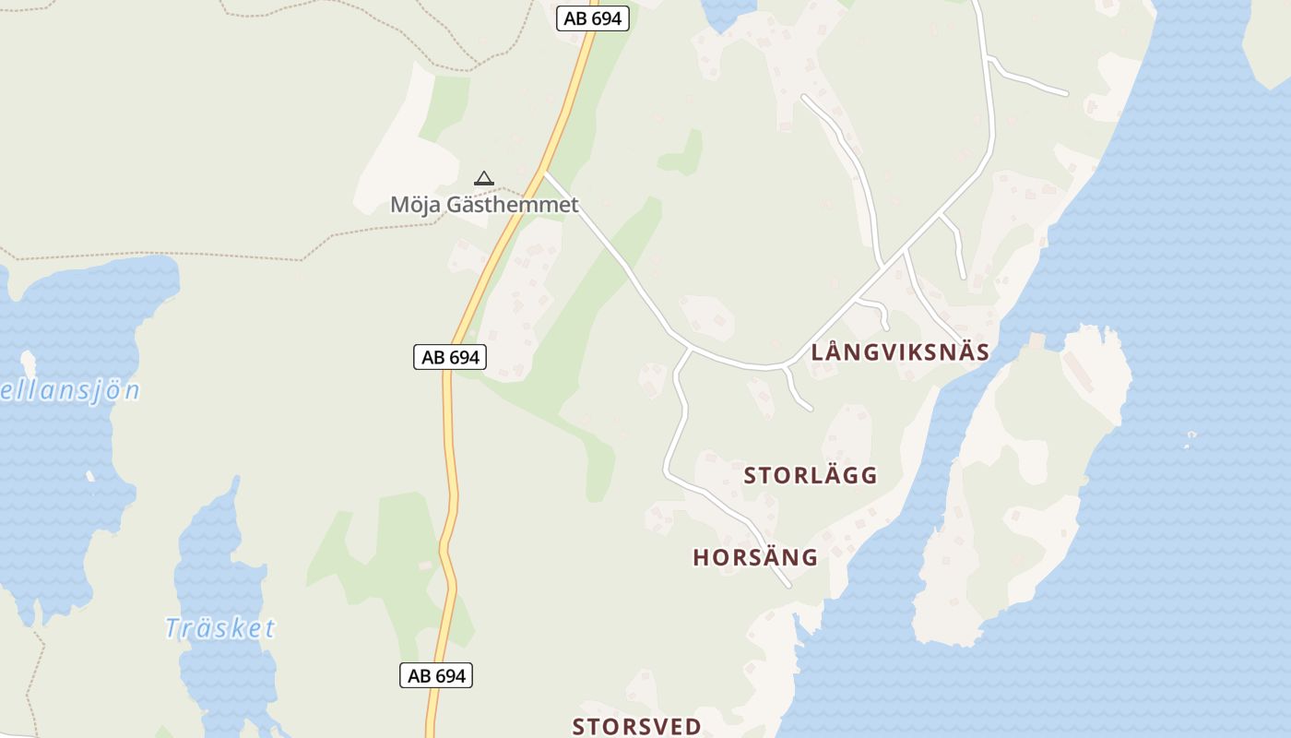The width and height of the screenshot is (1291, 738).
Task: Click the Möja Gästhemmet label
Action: click(484, 204)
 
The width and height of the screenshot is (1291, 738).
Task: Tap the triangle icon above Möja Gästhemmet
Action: click(483, 178)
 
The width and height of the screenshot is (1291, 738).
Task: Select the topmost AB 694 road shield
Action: click(593, 18)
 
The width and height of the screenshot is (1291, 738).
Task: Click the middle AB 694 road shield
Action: click(450, 357)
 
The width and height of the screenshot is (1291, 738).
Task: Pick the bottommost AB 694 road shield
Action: click(436, 675)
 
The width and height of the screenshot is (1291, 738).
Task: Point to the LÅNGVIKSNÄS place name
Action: click(900, 351)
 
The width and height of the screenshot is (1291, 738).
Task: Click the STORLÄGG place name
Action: click(811, 476)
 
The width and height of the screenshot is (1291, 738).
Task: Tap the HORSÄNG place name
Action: click(755, 557)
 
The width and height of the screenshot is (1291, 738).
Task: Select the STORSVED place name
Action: click(637, 726)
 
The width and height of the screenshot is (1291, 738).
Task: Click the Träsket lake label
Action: click(220, 628)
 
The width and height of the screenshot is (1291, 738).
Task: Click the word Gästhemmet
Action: click(513, 204)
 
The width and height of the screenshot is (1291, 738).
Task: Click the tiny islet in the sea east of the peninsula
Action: click(1191, 435)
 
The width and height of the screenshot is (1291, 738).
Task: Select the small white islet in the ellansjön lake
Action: click(28, 362)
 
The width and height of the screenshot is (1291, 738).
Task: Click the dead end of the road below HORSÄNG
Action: click(789, 586)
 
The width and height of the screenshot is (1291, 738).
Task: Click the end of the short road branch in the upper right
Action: click(1067, 93)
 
